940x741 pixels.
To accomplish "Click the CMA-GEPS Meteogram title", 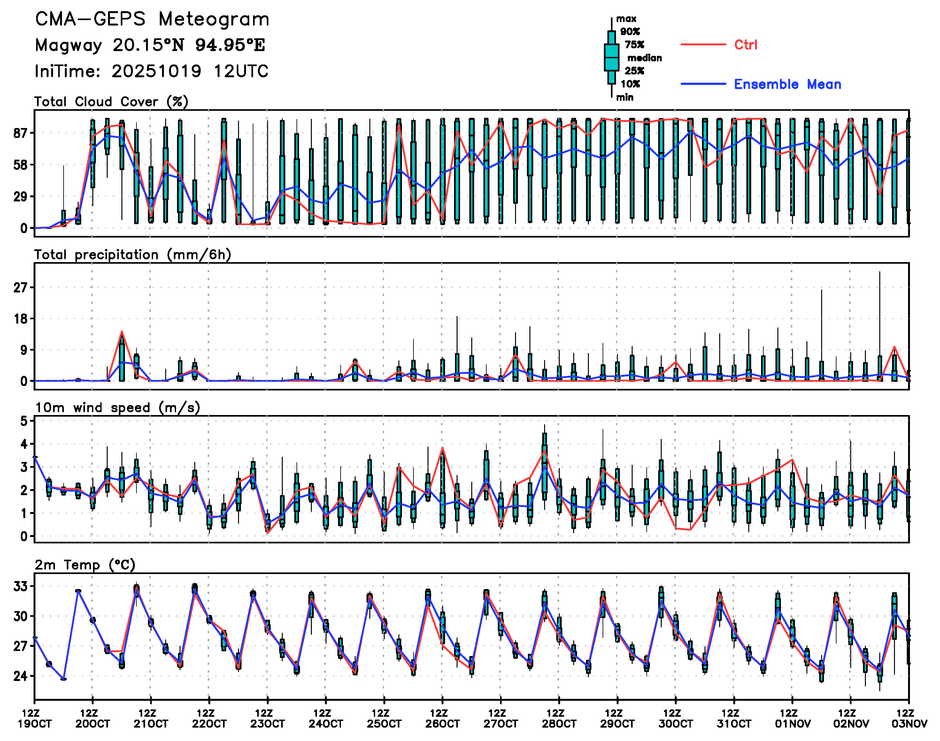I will click(x=152, y=19).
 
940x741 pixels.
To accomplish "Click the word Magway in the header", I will click(x=68, y=45).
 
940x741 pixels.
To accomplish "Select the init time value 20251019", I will click(x=156, y=71).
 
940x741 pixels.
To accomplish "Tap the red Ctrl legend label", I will click(x=745, y=45).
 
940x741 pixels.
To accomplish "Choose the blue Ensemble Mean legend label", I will click(x=787, y=84).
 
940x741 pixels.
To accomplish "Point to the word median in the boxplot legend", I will click(x=644, y=58).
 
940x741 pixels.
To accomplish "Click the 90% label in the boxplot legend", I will click(x=629, y=31).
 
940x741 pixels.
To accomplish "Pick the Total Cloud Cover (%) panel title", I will click(x=111, y=102).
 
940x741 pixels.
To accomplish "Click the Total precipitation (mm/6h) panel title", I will click(x=132, y=255).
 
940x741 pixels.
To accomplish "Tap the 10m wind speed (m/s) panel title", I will click(x=117, y=408).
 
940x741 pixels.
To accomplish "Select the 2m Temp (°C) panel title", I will click(x=85, y=565).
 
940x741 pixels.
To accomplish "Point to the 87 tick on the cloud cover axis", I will click(x=20, y=133).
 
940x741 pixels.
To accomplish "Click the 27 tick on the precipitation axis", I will click(x=20, y=287).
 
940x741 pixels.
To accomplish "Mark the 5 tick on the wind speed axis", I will click(x=24, y=421).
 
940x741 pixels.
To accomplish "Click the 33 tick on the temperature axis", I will click(x=20, y=586).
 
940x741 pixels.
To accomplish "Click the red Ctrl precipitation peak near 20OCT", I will click(x=122, y=332).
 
